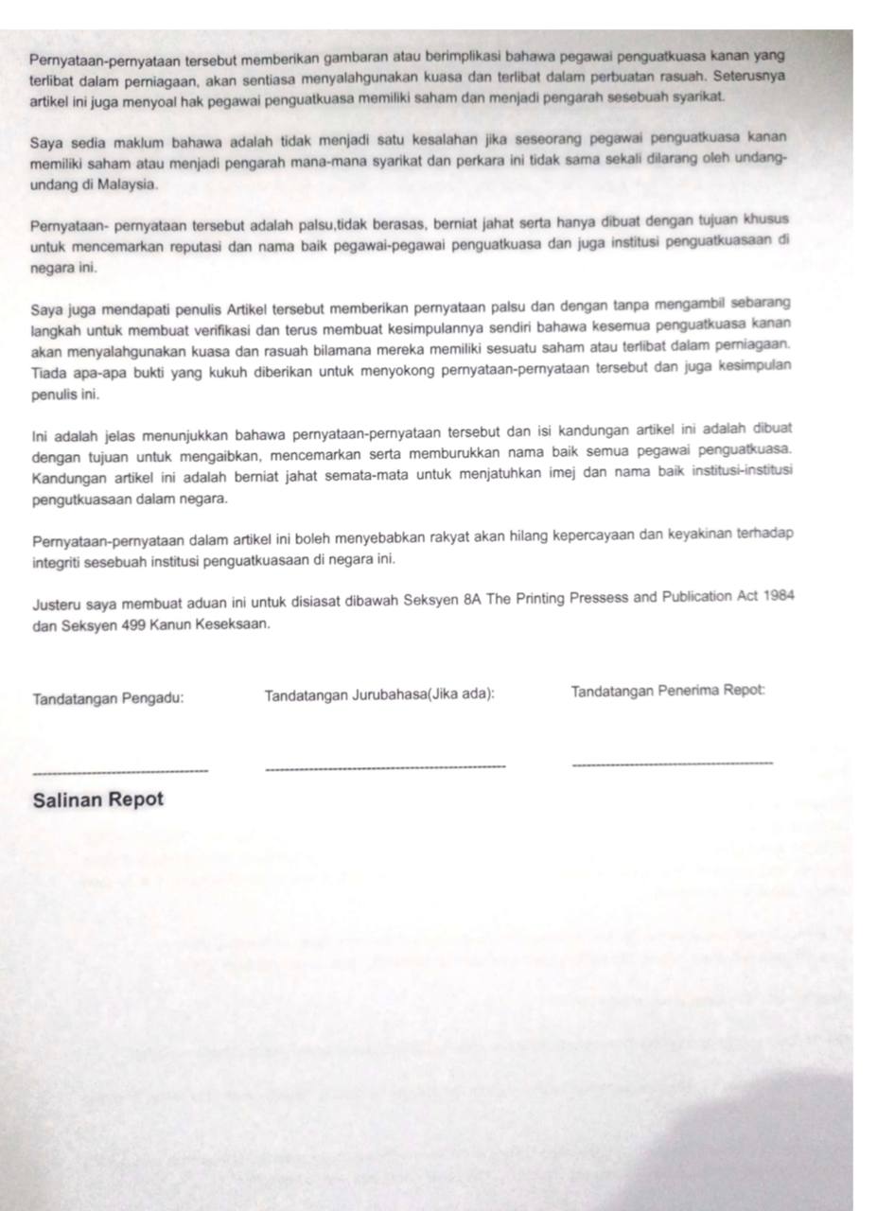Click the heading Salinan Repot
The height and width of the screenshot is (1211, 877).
pyautogui.click(x=97, y=799)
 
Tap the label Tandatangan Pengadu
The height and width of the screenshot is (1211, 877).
pyautogui.click(x=109, y=700)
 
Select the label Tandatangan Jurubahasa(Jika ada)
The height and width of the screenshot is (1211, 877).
pyautogui.click(x=379, y=695)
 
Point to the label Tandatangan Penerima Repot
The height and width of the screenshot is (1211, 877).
pyautogui.click(x=668, y=692)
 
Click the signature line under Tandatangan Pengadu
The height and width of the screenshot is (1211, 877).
pyautogui.click(x=120, y=771)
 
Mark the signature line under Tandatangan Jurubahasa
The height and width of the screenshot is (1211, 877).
pyautogui.click(x=386, y=766)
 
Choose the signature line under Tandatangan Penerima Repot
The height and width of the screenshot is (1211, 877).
pyautogui.click(x=673, y=763)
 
